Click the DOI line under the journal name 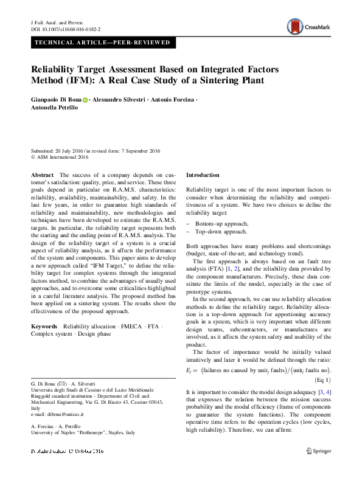66,29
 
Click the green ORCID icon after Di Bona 85,99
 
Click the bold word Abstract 42,175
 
